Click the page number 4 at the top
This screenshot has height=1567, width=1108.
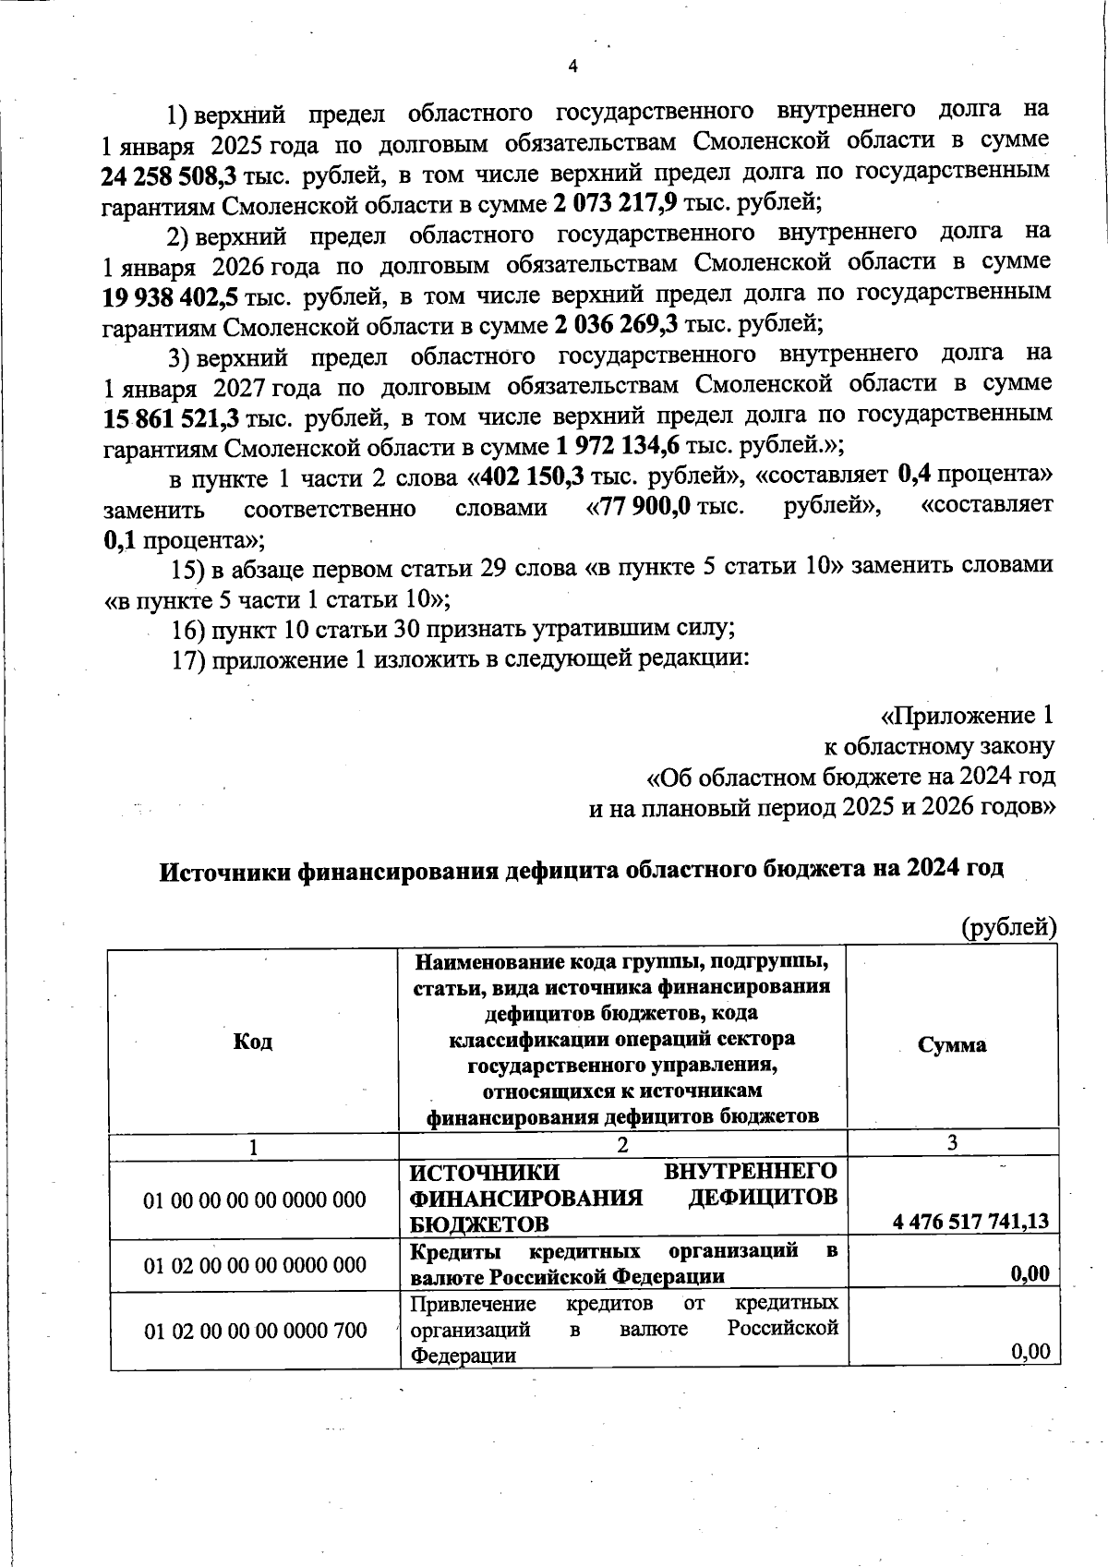point(572,66)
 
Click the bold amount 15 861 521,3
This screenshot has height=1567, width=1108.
point(171,418)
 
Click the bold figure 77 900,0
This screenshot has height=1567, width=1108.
point(646,508)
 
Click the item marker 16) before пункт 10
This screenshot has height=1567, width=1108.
point(187,630)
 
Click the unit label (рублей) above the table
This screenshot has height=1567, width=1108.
point(1008,926)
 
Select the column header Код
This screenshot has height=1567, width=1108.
point(253,1042)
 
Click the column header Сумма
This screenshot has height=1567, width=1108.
point(952,1044)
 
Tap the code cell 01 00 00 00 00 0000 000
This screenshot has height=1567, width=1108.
point(255,1200)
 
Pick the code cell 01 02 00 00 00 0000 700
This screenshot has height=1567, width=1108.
point(255,1331)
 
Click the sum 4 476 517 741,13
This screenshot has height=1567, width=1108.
point(970,1222)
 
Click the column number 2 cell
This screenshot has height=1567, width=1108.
point(622,1146)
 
